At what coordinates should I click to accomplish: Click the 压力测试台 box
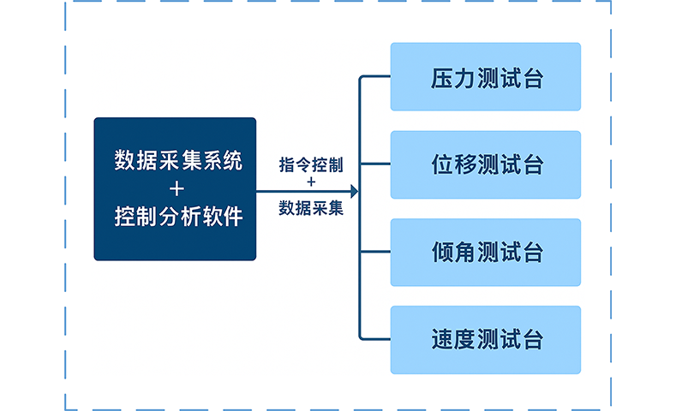pyautogui.click(x=485, y=77)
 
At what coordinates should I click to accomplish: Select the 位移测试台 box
pyautogui.click(x=485, y=164)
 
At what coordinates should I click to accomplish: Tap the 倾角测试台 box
pyautogui.click(x=485, y=253)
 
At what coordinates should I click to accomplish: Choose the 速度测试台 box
pyautogui.click(x=485, y=340)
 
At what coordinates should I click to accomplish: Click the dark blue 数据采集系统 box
pyautogui.click(x=175, y=188)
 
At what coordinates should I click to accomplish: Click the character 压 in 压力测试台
pyautogui.click(x=441, y=80)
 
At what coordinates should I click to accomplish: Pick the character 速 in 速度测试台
pyautogui.click(x=441, y=340)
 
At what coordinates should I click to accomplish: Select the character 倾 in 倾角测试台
pyautogui.click(x=441, y=253)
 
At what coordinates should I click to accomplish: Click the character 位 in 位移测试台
pyautogui.click(x=441, y=165)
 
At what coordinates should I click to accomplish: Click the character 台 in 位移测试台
pyautogui.click(x=532, y=165)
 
